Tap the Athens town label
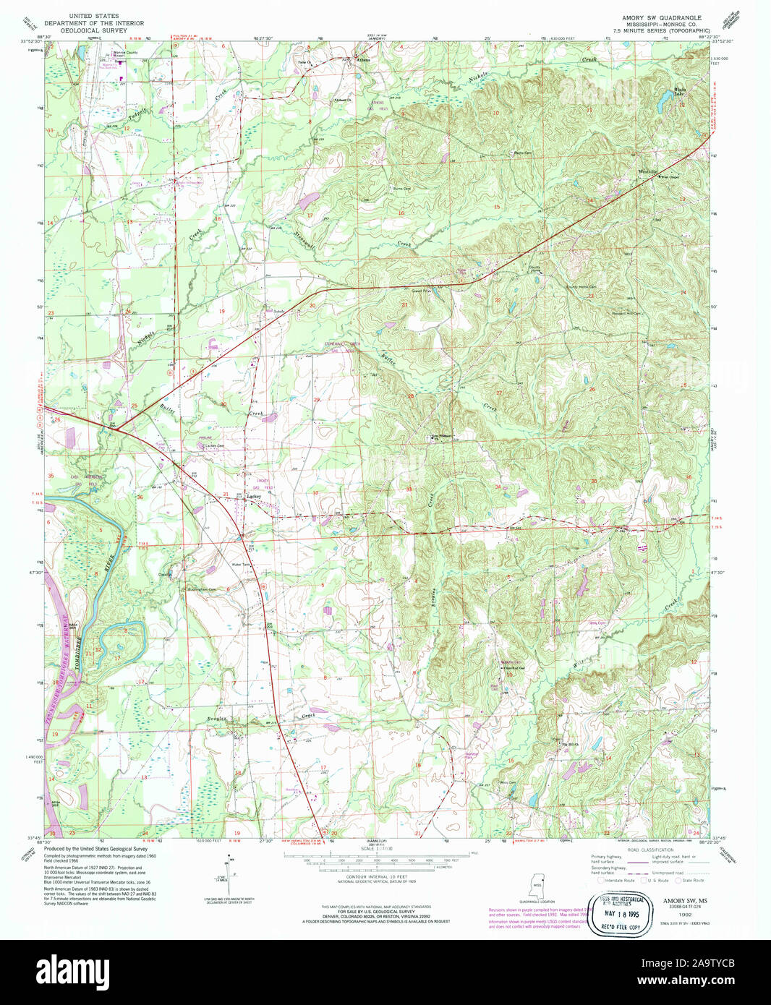point(362,60)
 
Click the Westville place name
point(647,171)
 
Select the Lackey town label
point(254,497)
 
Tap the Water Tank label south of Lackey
point(240,565)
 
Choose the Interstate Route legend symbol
point(601,881)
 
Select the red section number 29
point(316,399)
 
